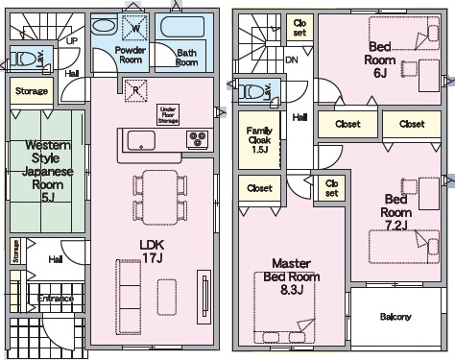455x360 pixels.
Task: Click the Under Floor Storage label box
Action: coord(168,114)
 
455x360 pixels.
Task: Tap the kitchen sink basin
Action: coord(141,140)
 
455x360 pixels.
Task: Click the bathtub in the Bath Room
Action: coord(182,27)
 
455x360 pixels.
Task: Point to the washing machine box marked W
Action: coord(135,28)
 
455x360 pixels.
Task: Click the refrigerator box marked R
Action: coord(136,90)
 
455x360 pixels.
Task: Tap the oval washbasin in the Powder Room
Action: coord(104,26)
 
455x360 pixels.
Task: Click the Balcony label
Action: coord(395,317)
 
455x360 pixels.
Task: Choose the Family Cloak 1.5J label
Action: coord(259,140)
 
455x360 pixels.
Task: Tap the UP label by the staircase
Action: coord(72,41)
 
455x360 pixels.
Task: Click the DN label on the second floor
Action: coord(291,60)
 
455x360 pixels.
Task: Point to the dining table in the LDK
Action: coord(160,198)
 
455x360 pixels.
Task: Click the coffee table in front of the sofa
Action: coord(167,298)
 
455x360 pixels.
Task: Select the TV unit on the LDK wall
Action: coord(204,298)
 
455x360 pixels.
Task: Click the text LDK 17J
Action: coord(152,252)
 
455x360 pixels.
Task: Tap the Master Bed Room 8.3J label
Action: coord(292,276)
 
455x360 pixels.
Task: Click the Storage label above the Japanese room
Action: coord(32,91)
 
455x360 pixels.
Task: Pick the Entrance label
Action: coord(56,299)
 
